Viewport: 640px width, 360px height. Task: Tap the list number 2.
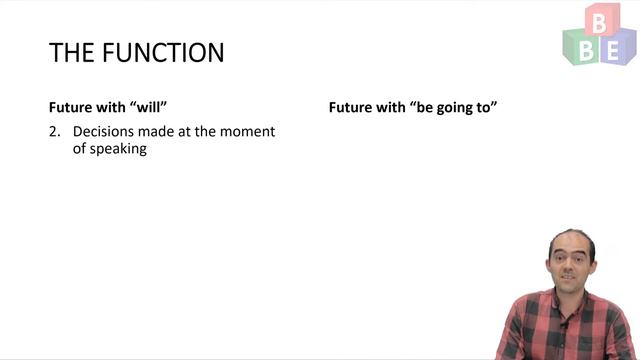[54, 132]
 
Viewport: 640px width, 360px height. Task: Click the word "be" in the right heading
[420, 106]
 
